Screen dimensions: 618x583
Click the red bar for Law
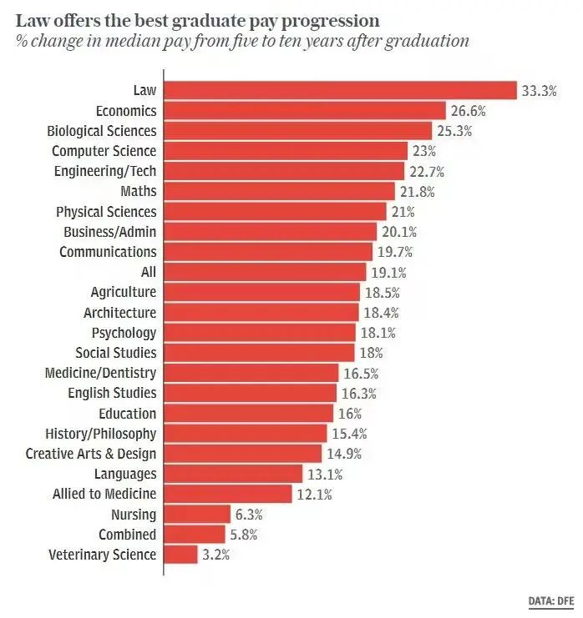340,90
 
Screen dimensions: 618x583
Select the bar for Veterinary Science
180,555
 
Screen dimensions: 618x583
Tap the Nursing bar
196,515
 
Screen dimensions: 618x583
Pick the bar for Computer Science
286,151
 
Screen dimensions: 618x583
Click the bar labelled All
265,272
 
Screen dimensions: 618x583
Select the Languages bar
233,474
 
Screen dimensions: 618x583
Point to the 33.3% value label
539,90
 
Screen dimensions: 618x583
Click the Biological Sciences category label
102,131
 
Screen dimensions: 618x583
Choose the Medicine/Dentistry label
100,373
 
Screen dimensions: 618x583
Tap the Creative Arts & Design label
91,454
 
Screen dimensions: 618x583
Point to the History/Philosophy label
100,434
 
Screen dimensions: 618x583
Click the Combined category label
127,535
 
